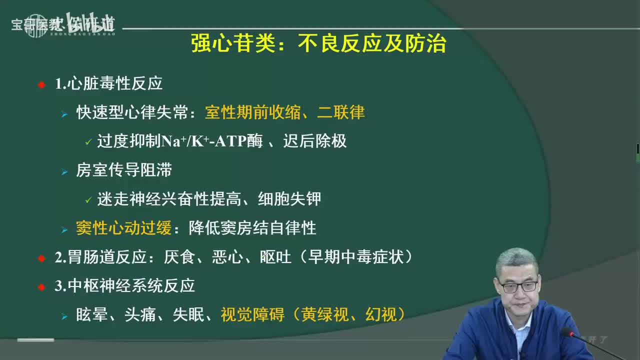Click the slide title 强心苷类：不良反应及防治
coord(318,44)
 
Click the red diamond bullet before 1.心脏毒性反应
coord(41,84)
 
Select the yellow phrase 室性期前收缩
coord(253,112)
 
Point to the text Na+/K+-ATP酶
coord(211,141)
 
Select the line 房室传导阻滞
coord(123,170)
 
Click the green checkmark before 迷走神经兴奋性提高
coord(88,200)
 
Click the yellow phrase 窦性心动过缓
coord(123,228)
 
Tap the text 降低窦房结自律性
coord(252,228)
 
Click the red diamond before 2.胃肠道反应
coord(41,258)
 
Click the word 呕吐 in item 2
coord(275,257)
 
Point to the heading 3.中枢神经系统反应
coord(124,286)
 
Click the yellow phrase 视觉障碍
coord(252,314)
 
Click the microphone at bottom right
coord(567,332)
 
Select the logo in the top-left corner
coord(63,23)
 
